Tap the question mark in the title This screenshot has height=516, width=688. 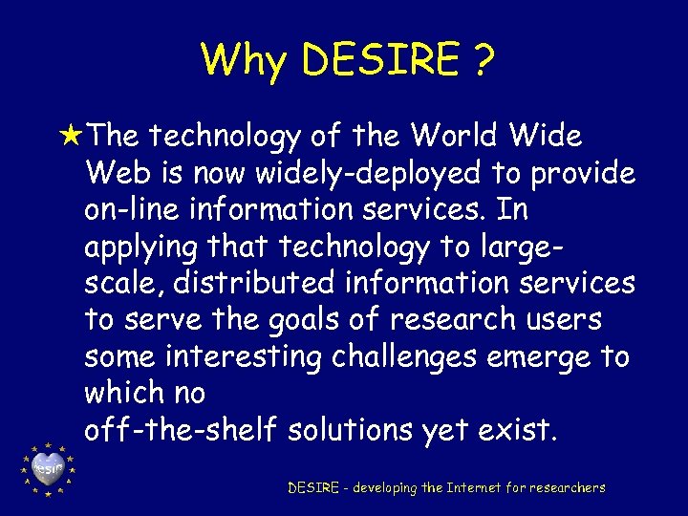click(483, 59)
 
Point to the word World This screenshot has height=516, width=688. click(453, 137)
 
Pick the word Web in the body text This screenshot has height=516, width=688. click(113, 173)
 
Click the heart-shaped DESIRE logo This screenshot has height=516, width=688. click(47, 467)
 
